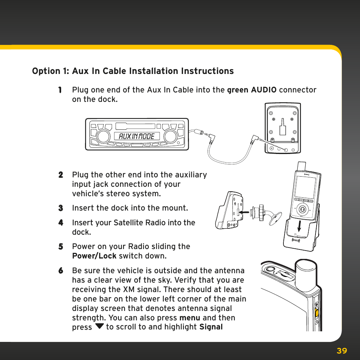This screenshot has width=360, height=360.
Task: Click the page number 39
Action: (342, 351)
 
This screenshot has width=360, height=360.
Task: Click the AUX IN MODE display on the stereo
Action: (137, 136)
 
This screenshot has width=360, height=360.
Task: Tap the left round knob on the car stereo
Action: (102, 136)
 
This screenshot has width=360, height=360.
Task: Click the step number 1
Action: (60, 90)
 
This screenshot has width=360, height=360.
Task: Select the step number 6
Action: (60, 271)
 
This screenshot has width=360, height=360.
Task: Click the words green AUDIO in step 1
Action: (252, 90)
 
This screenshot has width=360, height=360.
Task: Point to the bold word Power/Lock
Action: (94, 256)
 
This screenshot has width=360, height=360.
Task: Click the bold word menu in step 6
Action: (190, 318)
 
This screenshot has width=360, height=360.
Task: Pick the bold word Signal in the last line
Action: (211, 327)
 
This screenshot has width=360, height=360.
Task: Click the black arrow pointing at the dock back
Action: (244, 213)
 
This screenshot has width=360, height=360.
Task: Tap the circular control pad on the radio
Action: (302, 208)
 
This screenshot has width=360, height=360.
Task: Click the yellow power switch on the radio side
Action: (316, 312)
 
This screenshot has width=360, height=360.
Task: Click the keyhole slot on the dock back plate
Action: (283, 128)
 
